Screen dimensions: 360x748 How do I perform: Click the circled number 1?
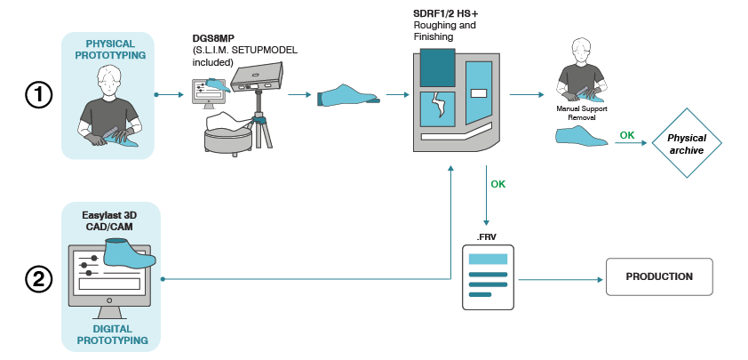[39, 94]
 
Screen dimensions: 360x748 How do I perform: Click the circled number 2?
[39, 280]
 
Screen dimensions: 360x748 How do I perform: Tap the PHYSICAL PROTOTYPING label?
[111, 50]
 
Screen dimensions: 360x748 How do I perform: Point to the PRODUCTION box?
[658, 277]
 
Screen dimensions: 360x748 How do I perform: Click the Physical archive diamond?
[685, 144]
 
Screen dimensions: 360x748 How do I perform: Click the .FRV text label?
[487, 236]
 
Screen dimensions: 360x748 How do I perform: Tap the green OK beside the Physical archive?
[627, 135]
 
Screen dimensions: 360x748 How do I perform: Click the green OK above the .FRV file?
[499, 184]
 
